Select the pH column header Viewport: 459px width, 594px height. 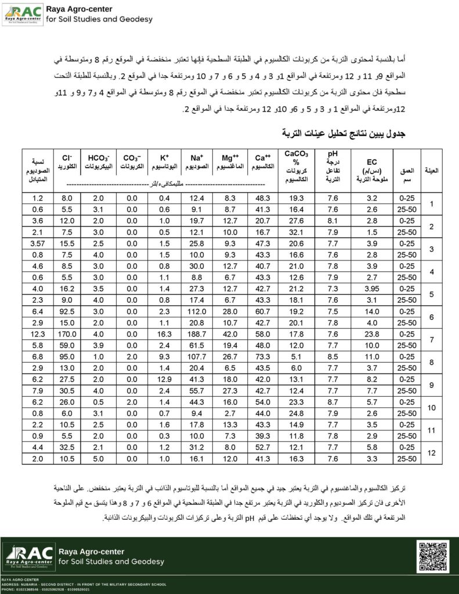[333, 166]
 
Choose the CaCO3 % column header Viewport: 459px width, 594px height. [296, 167]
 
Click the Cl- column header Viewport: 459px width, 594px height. [67, 162]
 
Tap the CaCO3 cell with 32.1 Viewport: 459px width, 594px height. [296, 232]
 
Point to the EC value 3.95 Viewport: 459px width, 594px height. [372, 288]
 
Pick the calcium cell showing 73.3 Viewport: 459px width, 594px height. [263, 357]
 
